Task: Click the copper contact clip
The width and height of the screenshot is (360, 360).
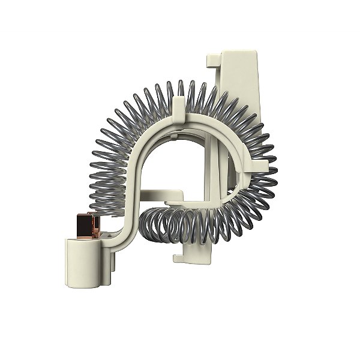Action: [88, 223]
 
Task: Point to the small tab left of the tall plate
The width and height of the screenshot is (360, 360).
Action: [213, 60]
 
